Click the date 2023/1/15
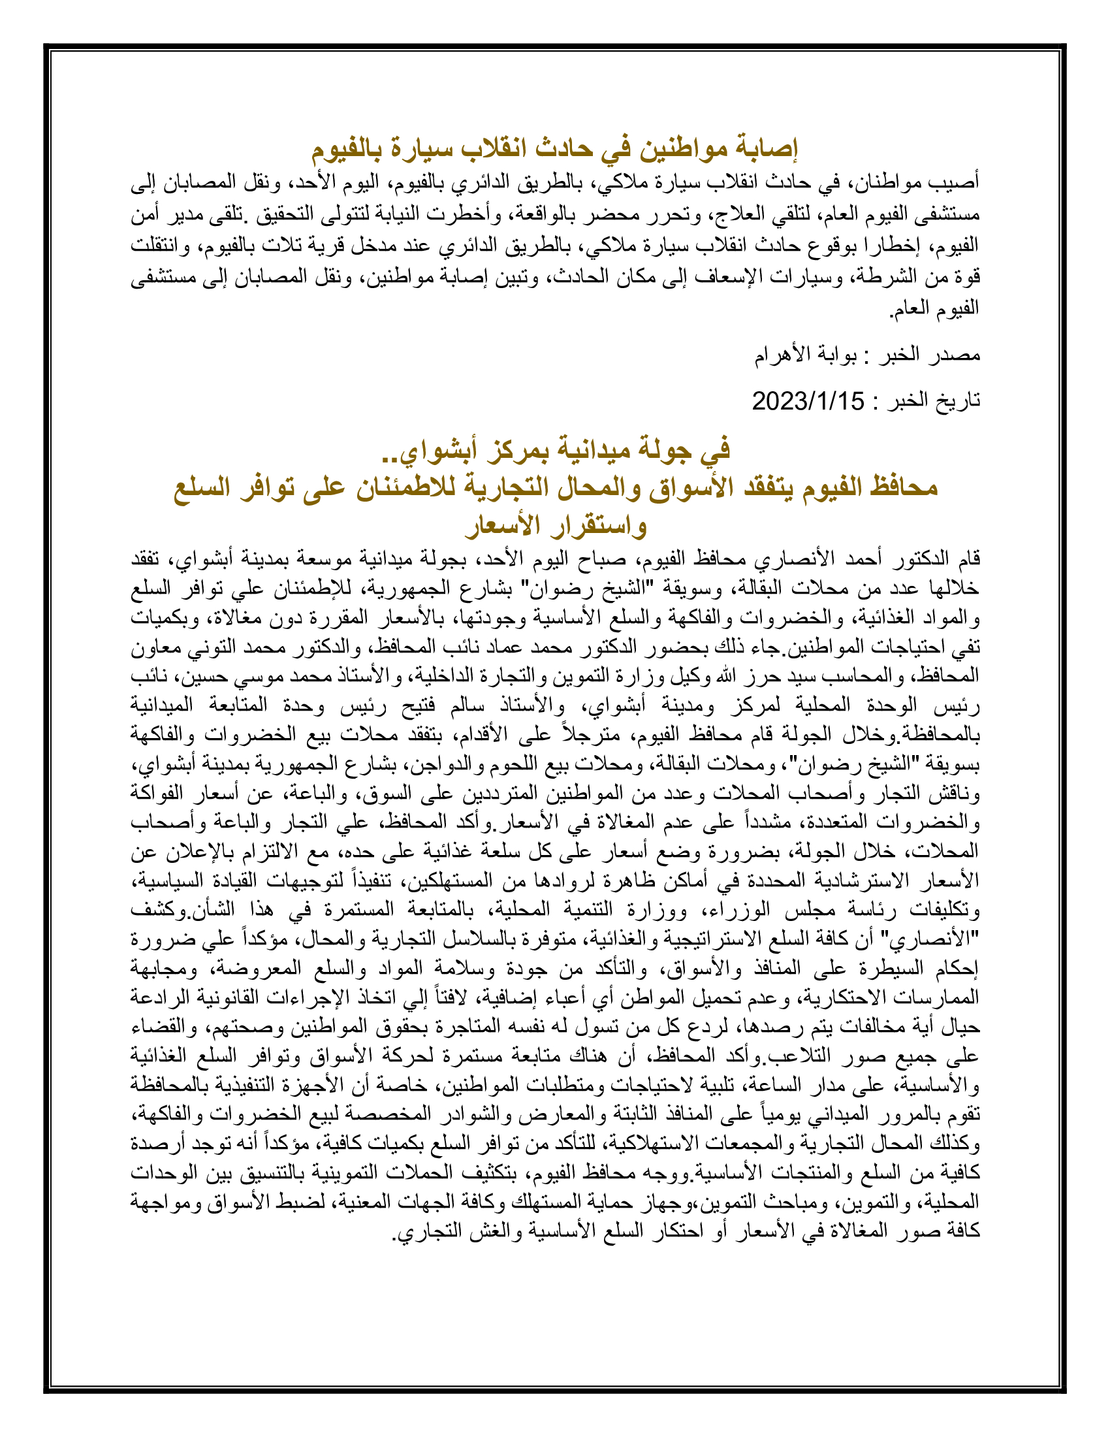point(808,400)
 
